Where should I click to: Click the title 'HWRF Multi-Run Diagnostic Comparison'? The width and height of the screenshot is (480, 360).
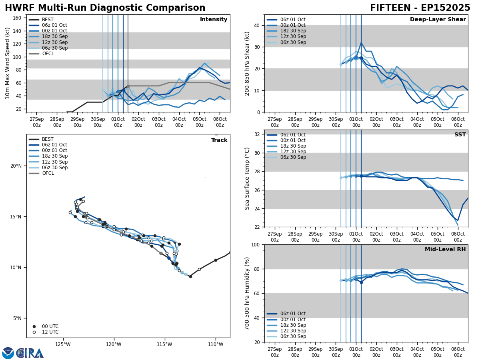pyautogui.click(x=105, y=8)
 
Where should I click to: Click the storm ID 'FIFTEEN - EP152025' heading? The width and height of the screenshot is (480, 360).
pyautogui.click(x=420, y=8)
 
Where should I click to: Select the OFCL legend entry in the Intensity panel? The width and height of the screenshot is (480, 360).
pyautogui.click(x=48, y=54)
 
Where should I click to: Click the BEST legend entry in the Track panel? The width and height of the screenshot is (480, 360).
pyautogui.click(x=48, y=139)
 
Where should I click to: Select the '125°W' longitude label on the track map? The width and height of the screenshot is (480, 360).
pyautogui.click(x=63, y=344)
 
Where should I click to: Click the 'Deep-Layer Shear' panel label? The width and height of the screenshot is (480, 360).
pyautogui.click(x=438, y=20)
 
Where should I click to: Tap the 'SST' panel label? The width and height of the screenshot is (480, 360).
pyautogui.click(x=460, y=135)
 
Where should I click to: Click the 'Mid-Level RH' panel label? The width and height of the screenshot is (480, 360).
pyautogui.click(x=445, y=250)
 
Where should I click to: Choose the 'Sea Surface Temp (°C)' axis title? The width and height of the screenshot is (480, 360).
pyautogui.click(x=247, y=178)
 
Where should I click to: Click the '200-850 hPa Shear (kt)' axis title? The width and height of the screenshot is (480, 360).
pyautogui.click(x=247, y=63)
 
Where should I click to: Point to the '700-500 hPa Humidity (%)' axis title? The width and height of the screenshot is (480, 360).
pyautogui.click(x=247, y=293)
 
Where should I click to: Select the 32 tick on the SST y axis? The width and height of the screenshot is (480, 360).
pyautogui.click(x=258, y=134)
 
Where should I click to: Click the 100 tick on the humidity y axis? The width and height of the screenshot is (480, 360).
pyautogui.click(x=257, y=244)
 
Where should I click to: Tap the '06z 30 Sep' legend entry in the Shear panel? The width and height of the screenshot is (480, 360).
pyautogui.click(x=294, y=42)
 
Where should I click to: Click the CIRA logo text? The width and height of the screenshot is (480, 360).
pyautogui.click(x=30, y=353)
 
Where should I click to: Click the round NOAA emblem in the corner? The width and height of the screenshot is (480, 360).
pyautogui.click(x=8, y=353)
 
